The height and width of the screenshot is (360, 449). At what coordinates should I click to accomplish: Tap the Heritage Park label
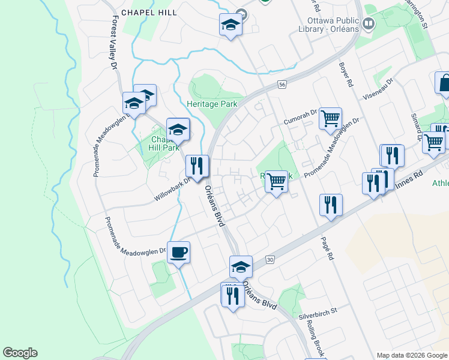[212, 104]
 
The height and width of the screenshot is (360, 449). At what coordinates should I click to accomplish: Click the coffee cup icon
[178, 252]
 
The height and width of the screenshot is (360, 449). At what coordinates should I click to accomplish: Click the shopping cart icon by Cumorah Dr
[330, 119]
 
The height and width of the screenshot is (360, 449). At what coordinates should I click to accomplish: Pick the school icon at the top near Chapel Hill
[230, 25]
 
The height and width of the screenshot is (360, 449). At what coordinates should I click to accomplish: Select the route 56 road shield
[282, 85]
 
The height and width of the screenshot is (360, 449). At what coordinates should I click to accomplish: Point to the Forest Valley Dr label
[113, 41]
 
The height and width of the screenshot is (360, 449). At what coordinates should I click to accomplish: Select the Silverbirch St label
[319, 312]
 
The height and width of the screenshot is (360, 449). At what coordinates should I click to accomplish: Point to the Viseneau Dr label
[378, 89]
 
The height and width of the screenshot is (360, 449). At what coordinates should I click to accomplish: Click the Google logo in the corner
[20, 353]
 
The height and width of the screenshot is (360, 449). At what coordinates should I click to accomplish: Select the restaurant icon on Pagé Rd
[331, 205]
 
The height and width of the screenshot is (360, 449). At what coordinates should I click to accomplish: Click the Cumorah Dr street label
[300, 113]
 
